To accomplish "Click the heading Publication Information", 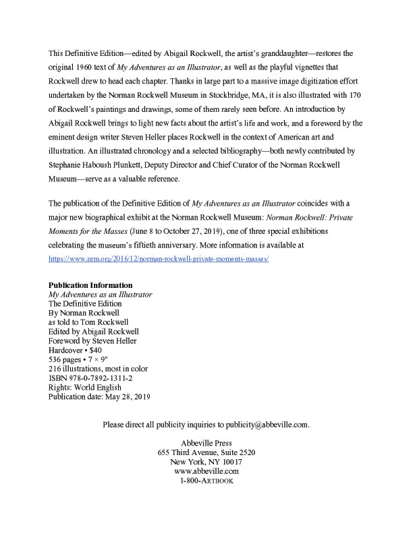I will point(90,285).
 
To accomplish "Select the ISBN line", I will point(90,378).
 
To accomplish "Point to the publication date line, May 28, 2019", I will point(99,397).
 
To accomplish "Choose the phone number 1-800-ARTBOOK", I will point(206,481).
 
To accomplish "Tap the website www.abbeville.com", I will point(206,471).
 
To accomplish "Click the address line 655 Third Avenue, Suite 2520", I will point(206,452).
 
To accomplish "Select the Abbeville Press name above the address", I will point(206,442).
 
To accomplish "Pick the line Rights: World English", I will point(85,388).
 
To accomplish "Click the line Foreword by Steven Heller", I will point(92,341).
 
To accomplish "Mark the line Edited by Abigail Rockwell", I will point(94,332).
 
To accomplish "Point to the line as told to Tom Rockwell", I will point(88,322).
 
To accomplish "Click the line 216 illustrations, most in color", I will point(99,369).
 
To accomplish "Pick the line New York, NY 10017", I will point(206,462).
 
